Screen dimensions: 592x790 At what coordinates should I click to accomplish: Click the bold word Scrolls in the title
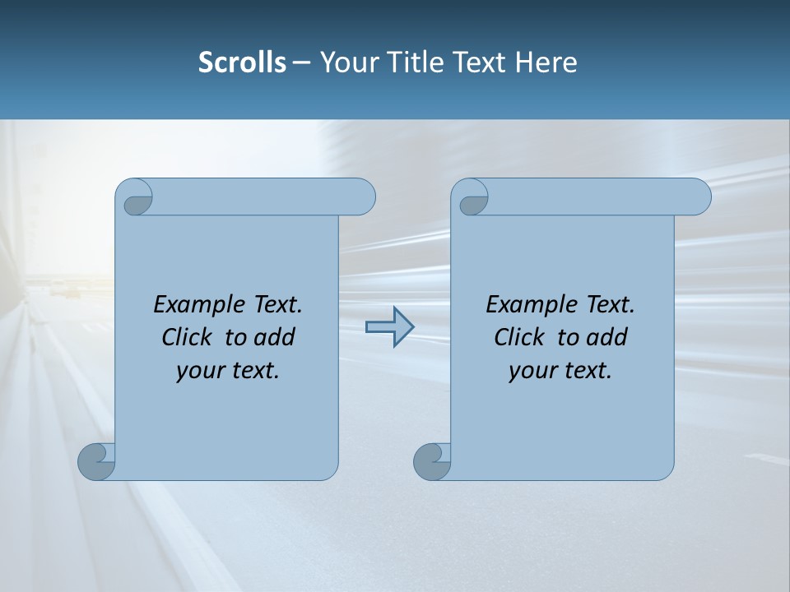242,62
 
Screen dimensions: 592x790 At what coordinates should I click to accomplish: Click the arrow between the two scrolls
389,326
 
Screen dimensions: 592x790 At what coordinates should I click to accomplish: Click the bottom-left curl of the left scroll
96,462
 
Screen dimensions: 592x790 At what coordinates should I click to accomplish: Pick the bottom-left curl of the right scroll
431,462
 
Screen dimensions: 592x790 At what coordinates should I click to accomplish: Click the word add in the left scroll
276,337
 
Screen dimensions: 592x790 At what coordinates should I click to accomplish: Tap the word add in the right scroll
608,337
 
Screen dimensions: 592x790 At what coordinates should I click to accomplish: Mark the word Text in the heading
481,62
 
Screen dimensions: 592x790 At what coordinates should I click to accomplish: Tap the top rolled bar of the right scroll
592,197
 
